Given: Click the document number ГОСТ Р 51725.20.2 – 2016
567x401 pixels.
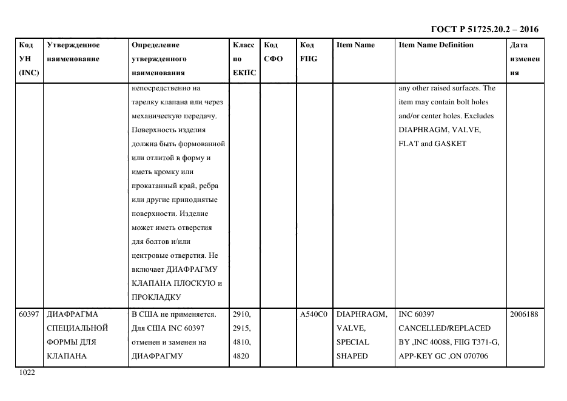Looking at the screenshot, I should (x=484, y=29).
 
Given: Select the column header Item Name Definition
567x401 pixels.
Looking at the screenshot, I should (x=436, y=45).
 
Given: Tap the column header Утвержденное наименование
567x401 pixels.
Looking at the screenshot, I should (x=73, y=52).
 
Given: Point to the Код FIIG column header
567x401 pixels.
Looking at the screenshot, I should (x=308, y=52).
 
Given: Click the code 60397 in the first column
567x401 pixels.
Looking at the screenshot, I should (x=29, y=314).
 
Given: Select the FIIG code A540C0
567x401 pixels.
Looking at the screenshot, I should (x=314, y=314).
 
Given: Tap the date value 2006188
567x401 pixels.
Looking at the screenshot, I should (x=525, y=314).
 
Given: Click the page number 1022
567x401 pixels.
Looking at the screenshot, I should (x=28, y=373).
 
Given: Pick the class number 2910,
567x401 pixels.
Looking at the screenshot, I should (x=242, y=314).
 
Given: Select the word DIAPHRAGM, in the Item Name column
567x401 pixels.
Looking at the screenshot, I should (x=361, y=314).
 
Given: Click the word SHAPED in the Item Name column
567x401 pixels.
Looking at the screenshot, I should (x=352, y=356).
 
